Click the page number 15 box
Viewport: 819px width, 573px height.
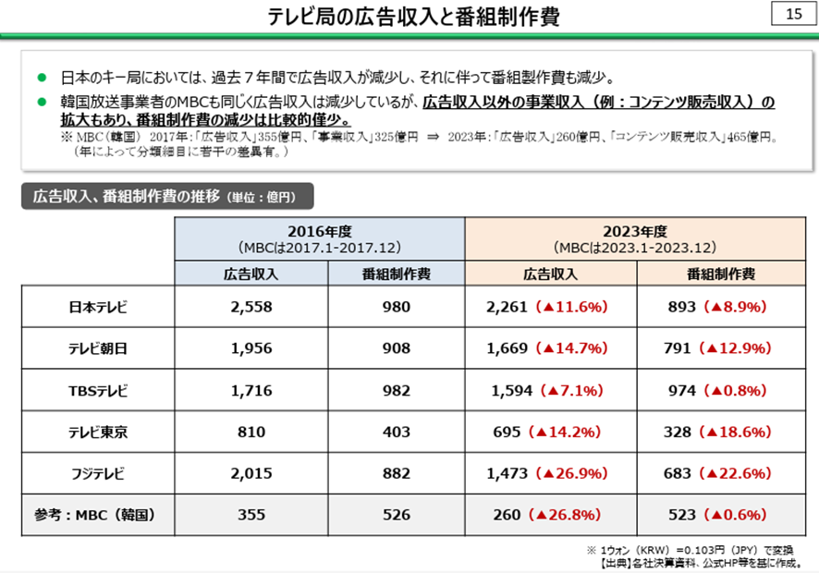click(793, 15)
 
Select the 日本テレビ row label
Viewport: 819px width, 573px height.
click(97, 307)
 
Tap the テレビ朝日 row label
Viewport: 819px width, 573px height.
click(97, 348)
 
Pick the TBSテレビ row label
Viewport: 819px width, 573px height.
click(97, 391)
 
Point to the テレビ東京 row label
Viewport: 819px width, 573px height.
click(97, 433)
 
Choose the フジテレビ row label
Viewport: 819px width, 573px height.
click(97, 474)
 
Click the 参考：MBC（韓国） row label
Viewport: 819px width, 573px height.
click(97, 516)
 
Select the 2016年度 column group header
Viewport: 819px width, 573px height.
click(319, 239)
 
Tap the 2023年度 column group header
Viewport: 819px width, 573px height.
click(635, 239)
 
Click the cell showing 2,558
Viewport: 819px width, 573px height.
click(251, 307)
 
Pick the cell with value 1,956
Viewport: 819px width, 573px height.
click(251, 348)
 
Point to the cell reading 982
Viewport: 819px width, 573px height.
click(396, 391)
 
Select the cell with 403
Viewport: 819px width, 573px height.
click(396, 433)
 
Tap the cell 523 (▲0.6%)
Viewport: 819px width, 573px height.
click(722, 516)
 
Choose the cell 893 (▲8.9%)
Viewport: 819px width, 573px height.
click(722, 307)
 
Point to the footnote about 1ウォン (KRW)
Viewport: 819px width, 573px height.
click(696, 549)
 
